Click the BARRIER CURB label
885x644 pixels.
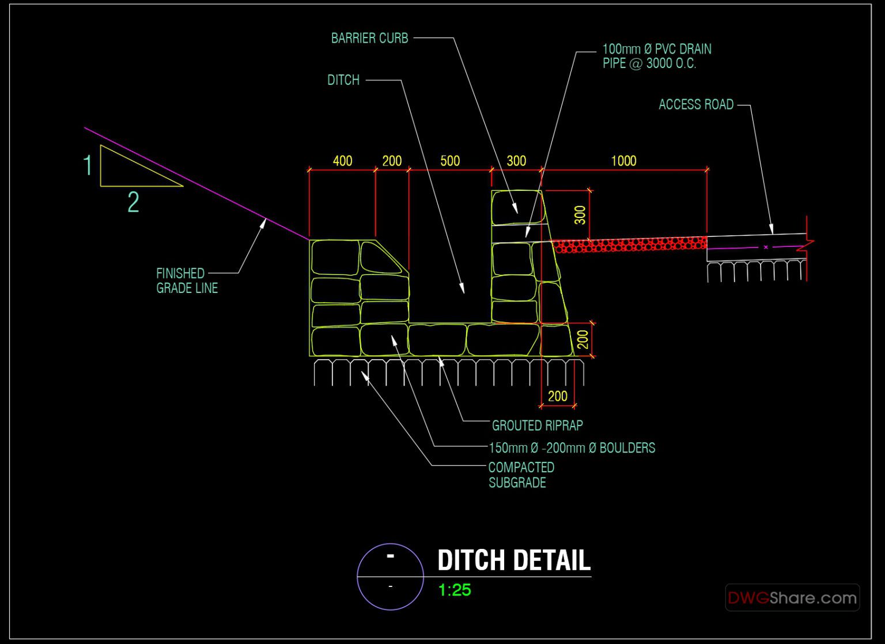coord(369,38)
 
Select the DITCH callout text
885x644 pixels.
coord(343,80)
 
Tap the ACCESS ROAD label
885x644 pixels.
coord(695,104)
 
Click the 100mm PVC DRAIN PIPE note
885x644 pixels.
coord(656,57)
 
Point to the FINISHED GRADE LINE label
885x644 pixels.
coord(186,280)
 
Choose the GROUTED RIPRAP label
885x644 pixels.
coord(537,425)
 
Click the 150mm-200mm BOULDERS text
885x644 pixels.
coord(572,448)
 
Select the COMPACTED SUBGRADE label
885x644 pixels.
coord(521,475)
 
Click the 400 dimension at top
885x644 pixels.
coord(342,161)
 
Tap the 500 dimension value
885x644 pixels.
coord(450,161)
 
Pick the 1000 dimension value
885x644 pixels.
coord(623,161)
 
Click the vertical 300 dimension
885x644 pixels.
coord(580,215)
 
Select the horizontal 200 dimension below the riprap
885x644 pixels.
coord(557,396)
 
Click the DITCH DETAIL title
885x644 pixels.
coord(514,560)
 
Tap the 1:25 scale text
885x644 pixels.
coord(455,590)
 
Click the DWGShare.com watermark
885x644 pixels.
coord(792,598)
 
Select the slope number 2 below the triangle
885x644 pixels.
coord(133,202)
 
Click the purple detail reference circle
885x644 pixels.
coord(390,577)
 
